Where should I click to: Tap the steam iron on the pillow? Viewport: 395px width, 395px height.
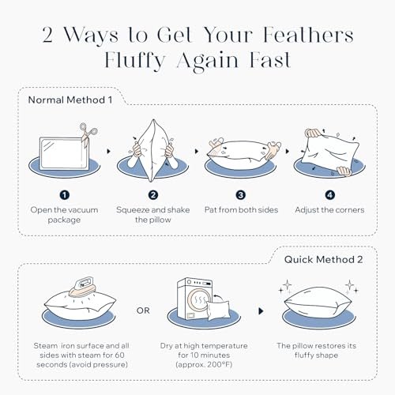coord(82,287)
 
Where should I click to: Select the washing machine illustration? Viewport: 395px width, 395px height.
coord(194,299)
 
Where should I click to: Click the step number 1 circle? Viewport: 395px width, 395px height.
coord(65,195)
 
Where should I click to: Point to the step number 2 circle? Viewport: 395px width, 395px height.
coord(153,195)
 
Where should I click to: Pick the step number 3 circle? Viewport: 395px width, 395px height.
coord(241,195)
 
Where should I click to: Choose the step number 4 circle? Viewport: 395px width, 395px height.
coord(330,195)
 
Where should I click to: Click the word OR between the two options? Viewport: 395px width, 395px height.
coord(143,310)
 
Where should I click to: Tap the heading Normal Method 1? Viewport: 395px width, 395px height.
coord(70,100)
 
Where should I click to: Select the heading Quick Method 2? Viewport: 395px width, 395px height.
coord(323,260)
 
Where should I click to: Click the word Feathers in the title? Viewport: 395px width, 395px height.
coord(308,35)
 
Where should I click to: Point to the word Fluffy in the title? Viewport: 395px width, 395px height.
coord(135,61)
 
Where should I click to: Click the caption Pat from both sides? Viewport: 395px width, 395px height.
coord(241,210)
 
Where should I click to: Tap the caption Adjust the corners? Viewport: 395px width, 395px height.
coord(329,210)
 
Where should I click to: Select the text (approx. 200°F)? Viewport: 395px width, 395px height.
coord(204,365)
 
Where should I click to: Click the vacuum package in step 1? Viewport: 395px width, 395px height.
coord(64,154)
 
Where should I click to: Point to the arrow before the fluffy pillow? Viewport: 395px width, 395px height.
coord(261,311)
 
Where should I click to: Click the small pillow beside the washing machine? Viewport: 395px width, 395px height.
coord(218,310)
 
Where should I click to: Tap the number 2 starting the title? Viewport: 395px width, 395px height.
coord(47,35)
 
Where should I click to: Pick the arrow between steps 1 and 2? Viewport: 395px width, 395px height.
coord(108,152)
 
